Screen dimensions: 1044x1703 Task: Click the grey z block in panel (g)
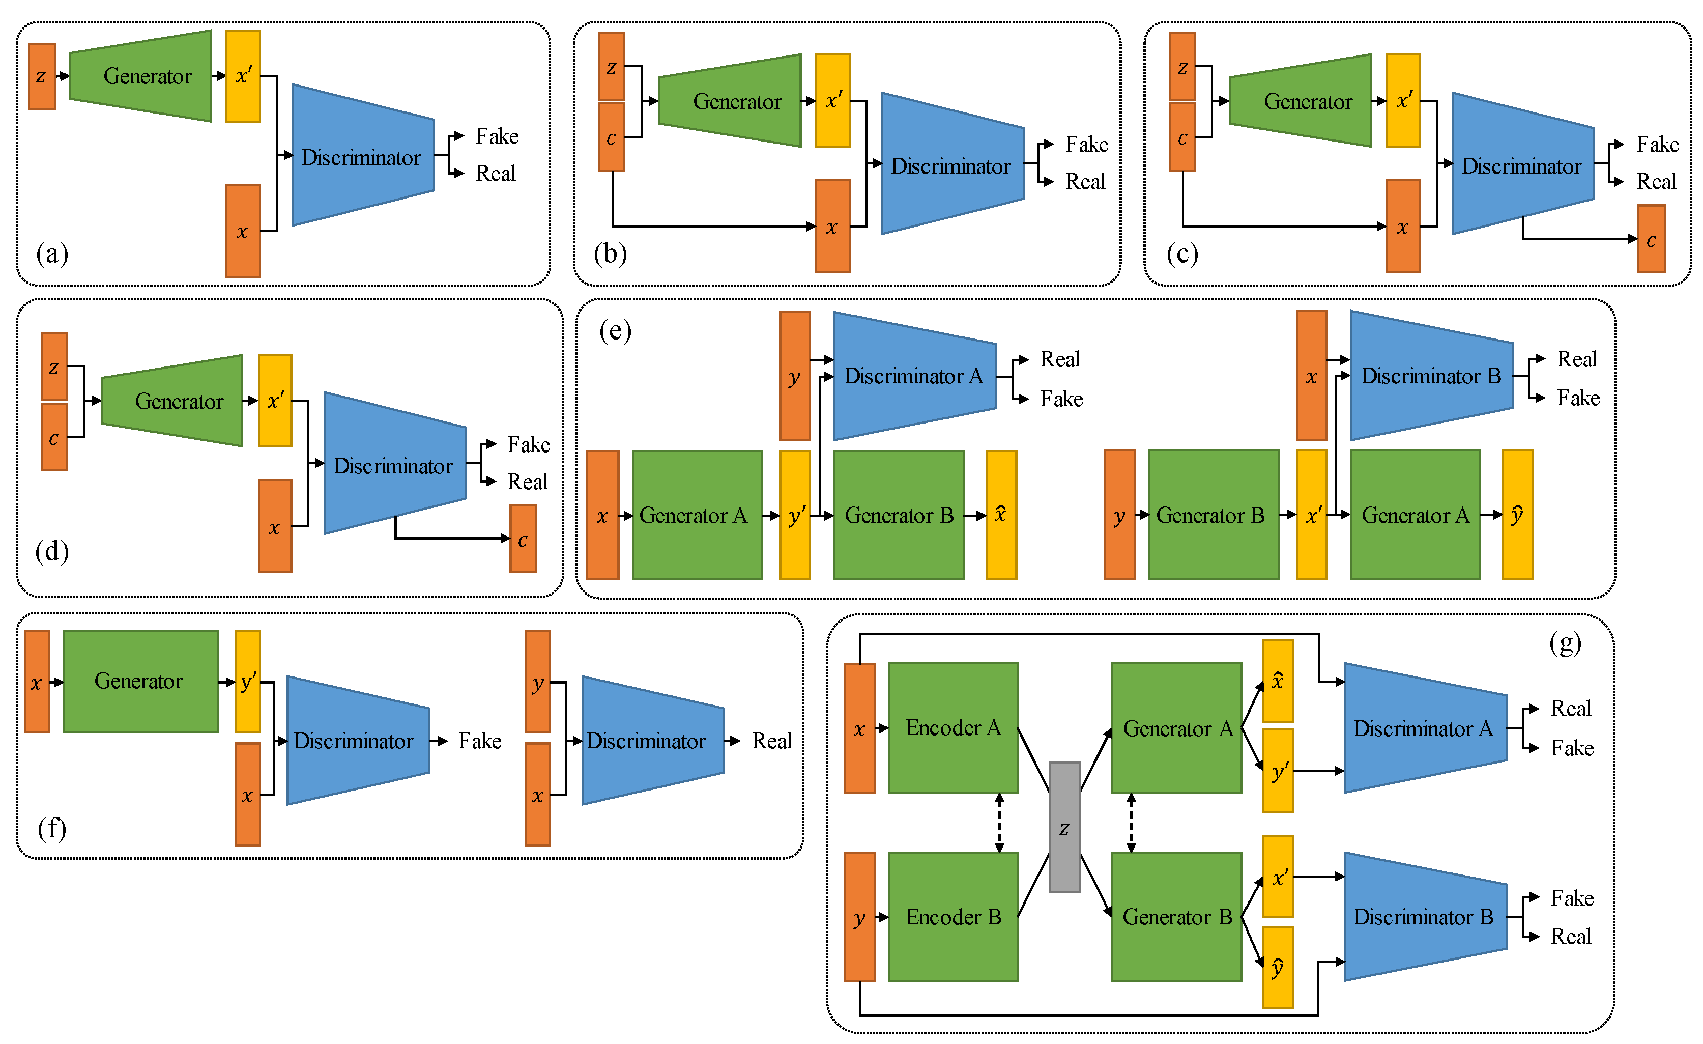point(1064,827)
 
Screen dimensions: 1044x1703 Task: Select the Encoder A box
point(952,727)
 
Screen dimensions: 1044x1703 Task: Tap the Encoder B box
point(952,916)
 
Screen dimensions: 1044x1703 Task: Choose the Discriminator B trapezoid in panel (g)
point(1424,916)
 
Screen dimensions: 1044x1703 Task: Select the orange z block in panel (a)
point(42,76)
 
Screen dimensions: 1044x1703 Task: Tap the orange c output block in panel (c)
point(1651,239)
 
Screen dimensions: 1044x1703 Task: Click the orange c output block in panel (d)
point(523,539)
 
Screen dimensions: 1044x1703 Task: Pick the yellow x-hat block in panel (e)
point(1000,515)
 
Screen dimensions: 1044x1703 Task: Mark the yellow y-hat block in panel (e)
point(1517,515)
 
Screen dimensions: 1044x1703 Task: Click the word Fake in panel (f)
point(480,741)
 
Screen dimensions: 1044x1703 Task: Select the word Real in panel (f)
point(771,741)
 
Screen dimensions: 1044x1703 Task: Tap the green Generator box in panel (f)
point(140,681)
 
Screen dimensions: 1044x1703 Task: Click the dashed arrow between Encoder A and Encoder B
point(999,822)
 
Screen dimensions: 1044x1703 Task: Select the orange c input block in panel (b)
point(611,137)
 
